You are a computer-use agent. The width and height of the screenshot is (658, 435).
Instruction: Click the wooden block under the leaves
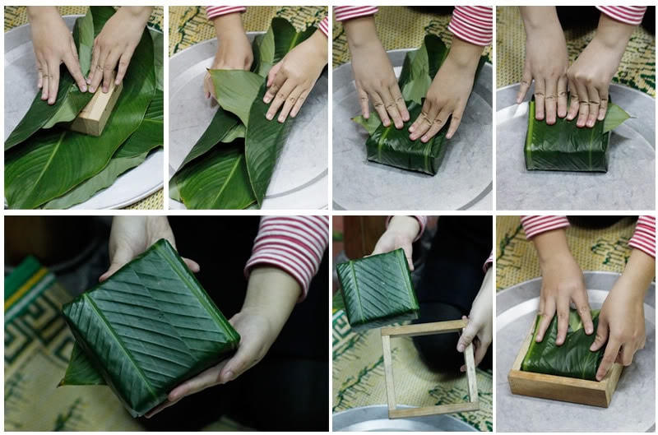[95, 112]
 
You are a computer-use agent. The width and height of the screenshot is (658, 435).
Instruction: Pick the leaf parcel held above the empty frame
[377, 288]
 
